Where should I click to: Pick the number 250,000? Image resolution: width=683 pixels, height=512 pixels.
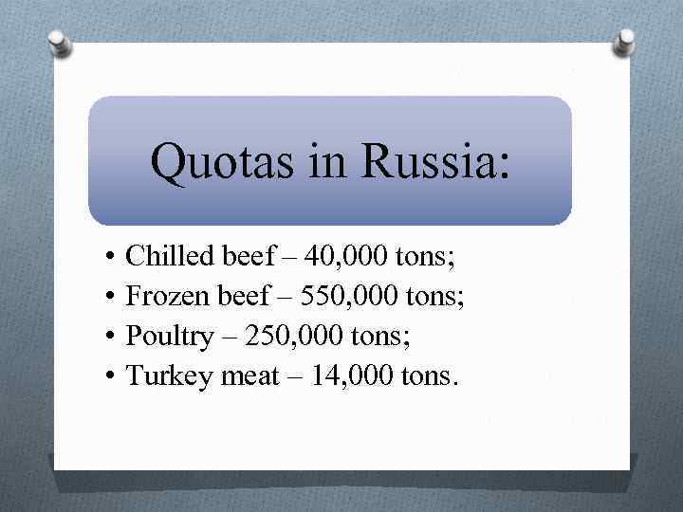coord(305,337)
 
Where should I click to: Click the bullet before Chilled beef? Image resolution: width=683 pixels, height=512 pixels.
coord(111,256)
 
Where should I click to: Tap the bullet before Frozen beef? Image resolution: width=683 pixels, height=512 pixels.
coord(111,297)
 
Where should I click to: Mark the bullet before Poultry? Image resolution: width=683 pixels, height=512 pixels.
coord(111,338)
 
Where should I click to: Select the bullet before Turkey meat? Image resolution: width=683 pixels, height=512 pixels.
coord(111,377)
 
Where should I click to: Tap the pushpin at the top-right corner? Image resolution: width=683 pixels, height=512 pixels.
coord(625,40)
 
